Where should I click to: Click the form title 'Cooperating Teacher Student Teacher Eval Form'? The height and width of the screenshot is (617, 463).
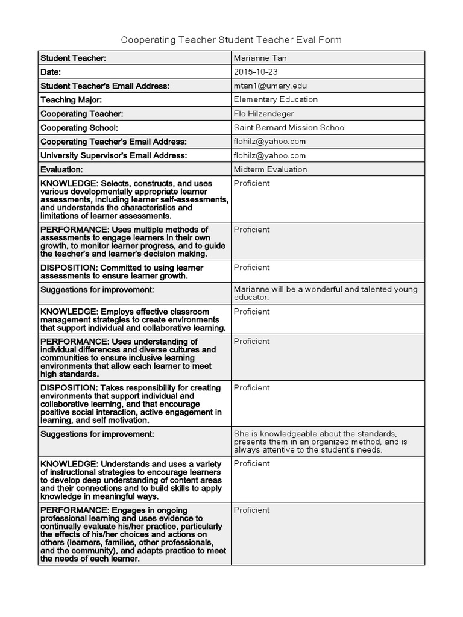231,40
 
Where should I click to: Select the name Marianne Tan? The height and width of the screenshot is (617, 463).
260,58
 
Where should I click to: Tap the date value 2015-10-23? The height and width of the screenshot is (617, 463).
256,72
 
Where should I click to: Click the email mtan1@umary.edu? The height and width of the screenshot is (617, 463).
266,86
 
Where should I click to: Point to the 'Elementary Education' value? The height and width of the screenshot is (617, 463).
276,99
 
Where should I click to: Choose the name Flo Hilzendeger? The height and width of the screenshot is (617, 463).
263,113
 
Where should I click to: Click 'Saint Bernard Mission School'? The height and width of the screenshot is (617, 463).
289,127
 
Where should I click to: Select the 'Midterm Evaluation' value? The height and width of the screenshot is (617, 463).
270,169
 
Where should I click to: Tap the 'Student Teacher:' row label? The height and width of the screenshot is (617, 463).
73,58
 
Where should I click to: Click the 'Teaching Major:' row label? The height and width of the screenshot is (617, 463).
71,99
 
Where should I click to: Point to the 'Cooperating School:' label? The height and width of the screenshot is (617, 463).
79,127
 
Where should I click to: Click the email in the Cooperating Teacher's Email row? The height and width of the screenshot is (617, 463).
269,141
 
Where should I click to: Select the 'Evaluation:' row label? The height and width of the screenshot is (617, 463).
61,169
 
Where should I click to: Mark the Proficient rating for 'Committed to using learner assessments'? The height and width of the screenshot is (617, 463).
251,268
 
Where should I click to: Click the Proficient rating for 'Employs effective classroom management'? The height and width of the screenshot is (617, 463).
251,312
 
